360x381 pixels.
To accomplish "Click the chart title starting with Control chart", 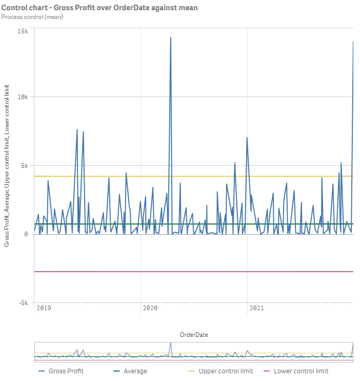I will (99, 8).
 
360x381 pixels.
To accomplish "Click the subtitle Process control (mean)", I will (32, 17).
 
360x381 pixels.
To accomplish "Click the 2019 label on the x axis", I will (44, 308).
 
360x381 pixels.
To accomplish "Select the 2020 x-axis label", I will (150, 308).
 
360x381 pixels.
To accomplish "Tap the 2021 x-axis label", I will (256, 308).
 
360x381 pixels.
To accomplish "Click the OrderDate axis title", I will (194, 335).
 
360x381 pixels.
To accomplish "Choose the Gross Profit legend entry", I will (66, 371).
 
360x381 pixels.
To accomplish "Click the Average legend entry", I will (135, 371).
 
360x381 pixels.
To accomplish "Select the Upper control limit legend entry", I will (226, 371).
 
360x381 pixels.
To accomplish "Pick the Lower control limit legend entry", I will (301, 371).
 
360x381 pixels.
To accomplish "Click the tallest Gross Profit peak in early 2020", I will (171, 37).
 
